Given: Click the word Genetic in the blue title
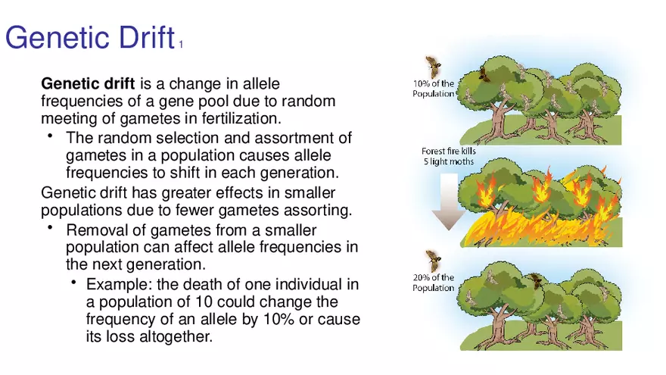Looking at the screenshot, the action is pyautogui.click(x=58, y=37).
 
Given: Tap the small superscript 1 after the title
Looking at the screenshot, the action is pyautogui.click(x=181, y=44).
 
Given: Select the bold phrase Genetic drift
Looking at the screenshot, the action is pyautogui.click(x=88, y=83).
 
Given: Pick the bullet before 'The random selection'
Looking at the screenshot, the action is pyautogui.click(x=50, y=136).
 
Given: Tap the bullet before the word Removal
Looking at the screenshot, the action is pyautogui.click(x=50, y=227).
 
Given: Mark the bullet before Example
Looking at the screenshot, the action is pyautogui.click(x=74, y=282).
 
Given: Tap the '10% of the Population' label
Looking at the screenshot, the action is pyautogui.click(x=433, y=89).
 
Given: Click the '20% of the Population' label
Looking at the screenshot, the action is pyautogui.click(x=433, y=283).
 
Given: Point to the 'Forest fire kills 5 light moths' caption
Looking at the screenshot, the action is pyautogui.click(x=449, y=156).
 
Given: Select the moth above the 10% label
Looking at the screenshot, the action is pyautogui.click(x=433, y=67).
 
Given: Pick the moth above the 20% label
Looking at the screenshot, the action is pyautogui.click(x=433, y=260).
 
